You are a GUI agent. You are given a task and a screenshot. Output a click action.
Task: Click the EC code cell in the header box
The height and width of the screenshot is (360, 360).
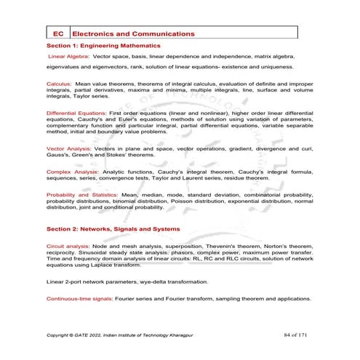pos(58,33)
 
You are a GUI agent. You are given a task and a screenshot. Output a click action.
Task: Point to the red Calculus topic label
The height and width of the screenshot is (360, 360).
pos(58,84)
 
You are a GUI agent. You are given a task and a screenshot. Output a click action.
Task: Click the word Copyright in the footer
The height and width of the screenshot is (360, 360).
pos(60,335)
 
